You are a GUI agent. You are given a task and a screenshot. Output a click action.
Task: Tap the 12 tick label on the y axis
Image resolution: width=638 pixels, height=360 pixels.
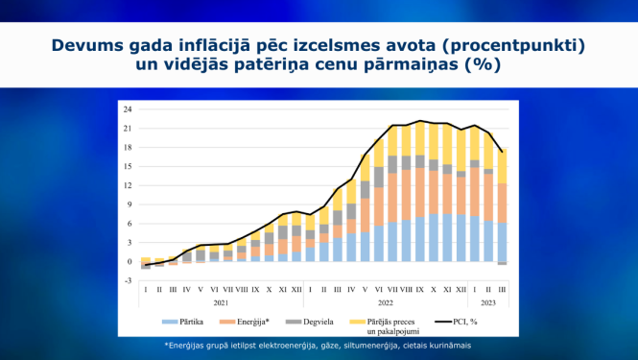[128, 184]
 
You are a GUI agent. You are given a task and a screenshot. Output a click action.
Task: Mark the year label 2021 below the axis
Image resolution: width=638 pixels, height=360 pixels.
[221, 301]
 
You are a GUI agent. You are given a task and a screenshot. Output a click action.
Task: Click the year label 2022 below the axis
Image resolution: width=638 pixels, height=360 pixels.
[383, 301]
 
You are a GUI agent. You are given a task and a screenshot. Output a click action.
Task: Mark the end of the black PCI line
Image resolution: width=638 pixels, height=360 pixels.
[501, 151]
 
